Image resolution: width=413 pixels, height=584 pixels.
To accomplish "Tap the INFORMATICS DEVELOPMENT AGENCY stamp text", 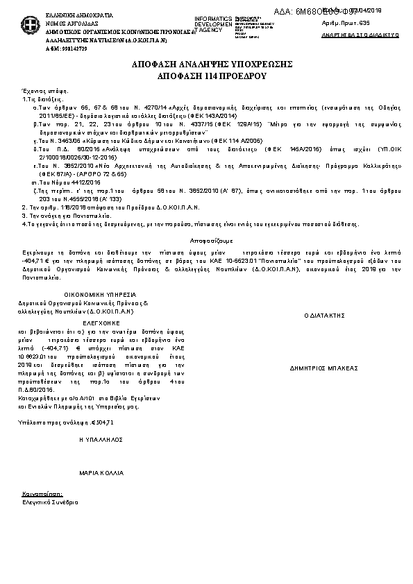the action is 214,24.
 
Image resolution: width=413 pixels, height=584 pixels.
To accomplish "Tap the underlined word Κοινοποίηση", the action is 39,494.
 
